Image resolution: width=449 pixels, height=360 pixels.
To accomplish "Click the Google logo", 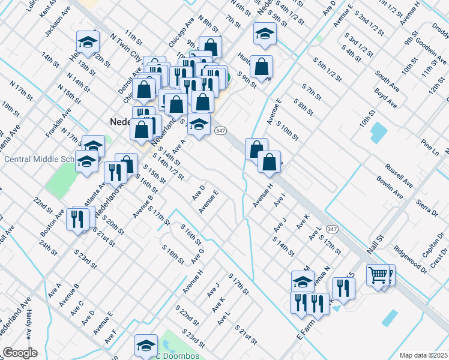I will [x=20, y=353].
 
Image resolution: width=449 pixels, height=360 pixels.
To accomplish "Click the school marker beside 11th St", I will [x=88, y=43].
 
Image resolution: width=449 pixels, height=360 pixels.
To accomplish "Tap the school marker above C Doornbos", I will [x=145, y=345].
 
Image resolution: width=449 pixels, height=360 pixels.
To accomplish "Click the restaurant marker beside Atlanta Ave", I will [x=115, y=173].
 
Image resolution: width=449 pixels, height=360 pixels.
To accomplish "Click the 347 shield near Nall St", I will [x=332, y=229].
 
